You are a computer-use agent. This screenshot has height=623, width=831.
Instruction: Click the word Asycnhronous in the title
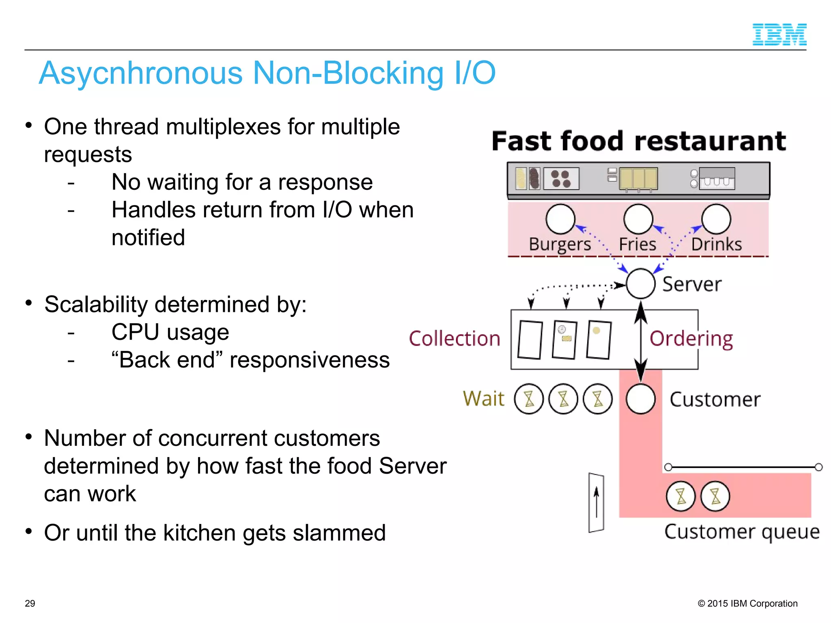click(141, 73)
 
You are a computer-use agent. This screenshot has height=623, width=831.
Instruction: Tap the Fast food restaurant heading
click(639, 141)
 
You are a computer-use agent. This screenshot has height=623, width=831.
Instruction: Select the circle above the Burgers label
click(560, 219)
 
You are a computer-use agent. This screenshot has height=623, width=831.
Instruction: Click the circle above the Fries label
click(638, 219)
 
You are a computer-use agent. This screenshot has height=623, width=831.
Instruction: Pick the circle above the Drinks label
click(716, 219)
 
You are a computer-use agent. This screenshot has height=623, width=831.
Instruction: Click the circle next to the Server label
click(640, 284)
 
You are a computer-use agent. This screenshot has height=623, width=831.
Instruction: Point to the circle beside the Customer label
click(640, 399)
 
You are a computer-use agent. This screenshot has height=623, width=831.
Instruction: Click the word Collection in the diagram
click(454, 339)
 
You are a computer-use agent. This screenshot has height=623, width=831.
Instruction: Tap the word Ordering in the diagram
click(691, 339)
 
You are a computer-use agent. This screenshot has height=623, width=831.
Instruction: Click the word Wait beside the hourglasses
click(484, 398)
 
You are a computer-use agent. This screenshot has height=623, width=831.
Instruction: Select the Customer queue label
click(742, 532)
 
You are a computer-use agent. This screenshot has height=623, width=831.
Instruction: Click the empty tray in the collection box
click(530, 340)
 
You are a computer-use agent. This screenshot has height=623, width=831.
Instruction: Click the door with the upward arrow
click(596, 503)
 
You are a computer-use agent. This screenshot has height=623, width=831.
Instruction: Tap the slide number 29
click(30, 604)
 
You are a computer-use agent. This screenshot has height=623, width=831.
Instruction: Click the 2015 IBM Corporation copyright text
click(747, 604)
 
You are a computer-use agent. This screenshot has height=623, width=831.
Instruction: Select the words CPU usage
click(170, 332)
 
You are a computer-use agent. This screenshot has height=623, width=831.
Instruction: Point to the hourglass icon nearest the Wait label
click(529, 399)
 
